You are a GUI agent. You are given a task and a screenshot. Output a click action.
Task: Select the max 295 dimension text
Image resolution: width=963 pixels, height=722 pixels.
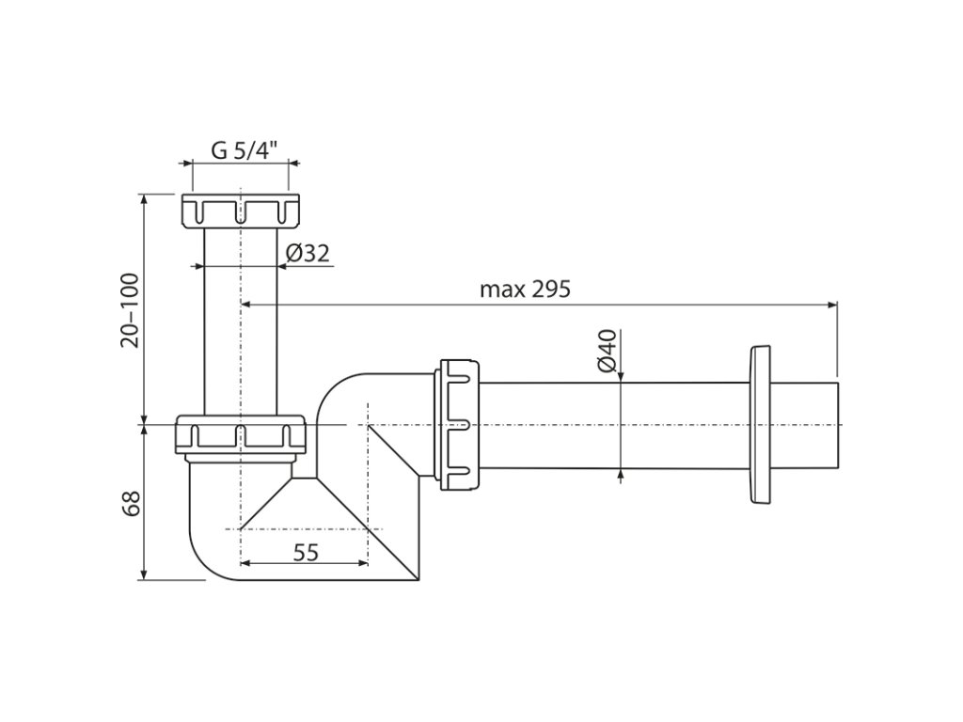point(525,289)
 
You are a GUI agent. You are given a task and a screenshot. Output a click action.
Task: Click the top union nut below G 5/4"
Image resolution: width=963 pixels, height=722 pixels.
point(240,210)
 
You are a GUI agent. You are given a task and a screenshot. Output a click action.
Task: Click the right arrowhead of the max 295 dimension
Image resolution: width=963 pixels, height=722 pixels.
point(831,304)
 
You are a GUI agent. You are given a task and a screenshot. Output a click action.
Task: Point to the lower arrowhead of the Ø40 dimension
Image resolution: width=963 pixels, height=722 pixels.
point(621,475)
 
